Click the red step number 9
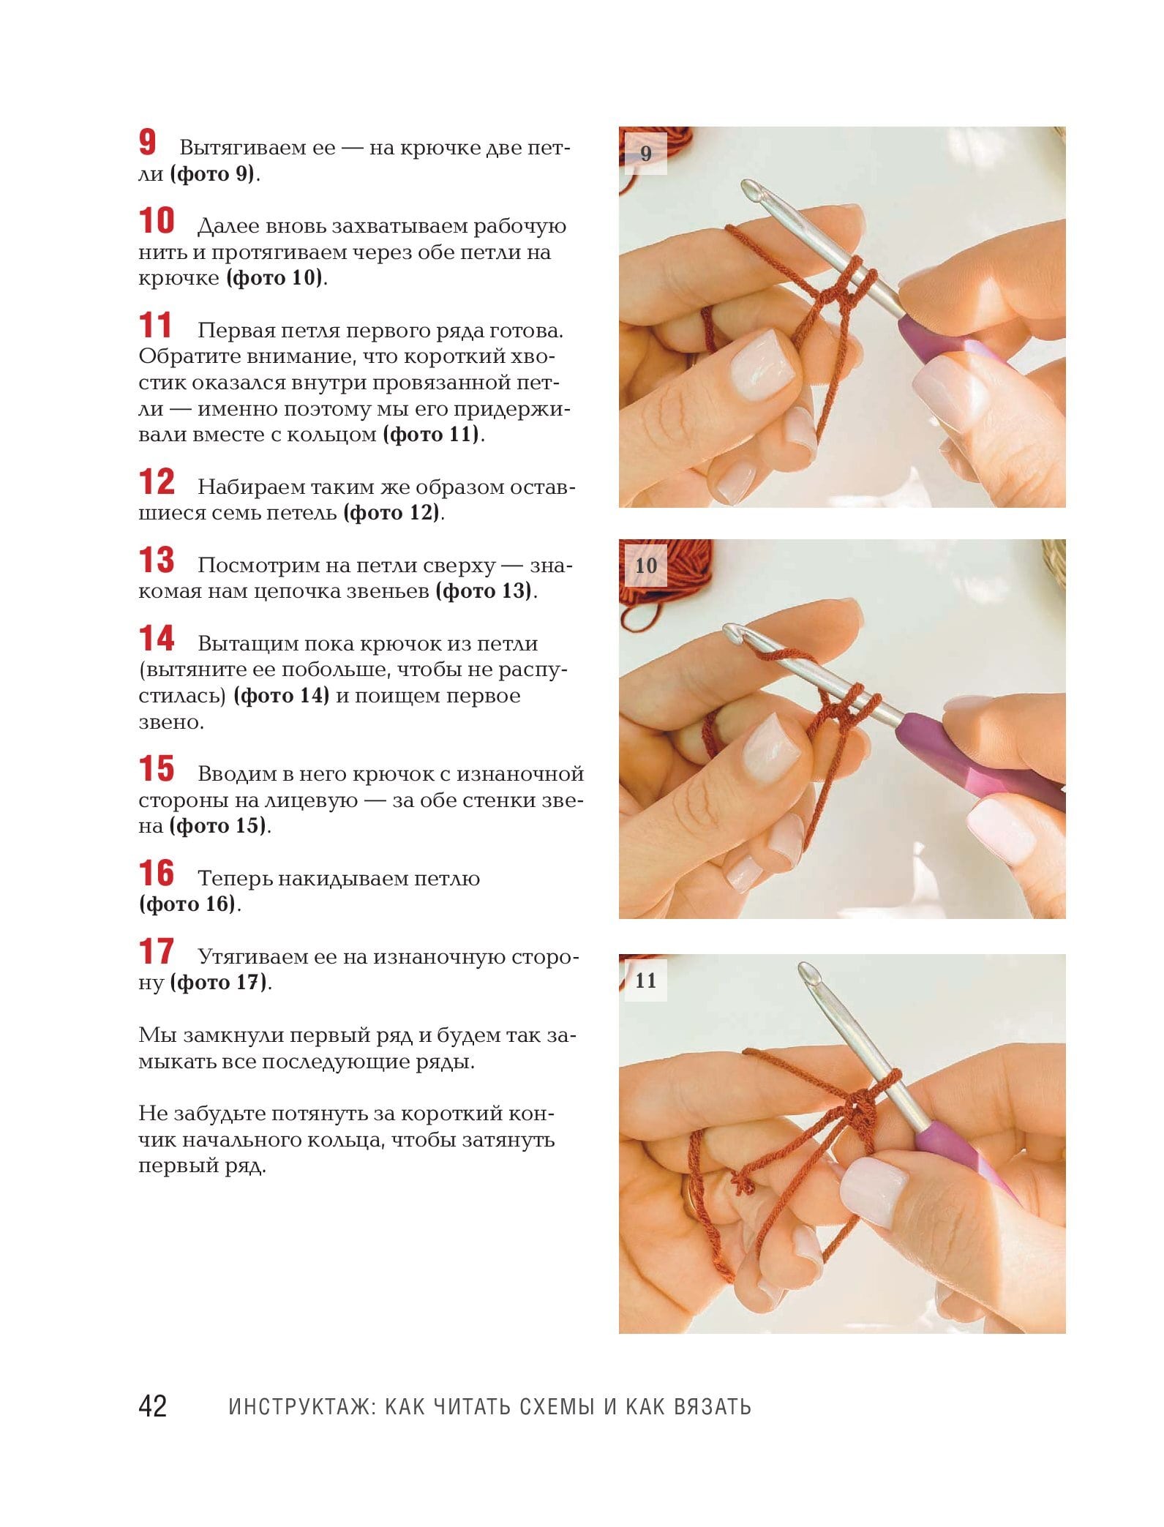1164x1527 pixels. pos(148,142)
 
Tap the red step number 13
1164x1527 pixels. pos(157,560)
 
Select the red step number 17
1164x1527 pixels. pos(157,951)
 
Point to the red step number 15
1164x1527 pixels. pos(157,768)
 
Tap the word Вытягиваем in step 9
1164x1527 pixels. pos(258,149)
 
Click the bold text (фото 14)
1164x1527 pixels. pos(282,695)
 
